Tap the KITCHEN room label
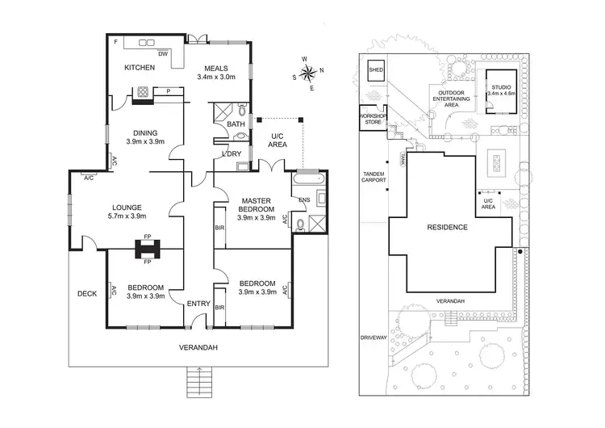139,68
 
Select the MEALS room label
219,68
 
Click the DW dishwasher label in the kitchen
162,54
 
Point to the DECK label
87,294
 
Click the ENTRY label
198,304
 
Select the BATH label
236,124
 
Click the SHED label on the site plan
376,70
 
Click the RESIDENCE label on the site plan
448,228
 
